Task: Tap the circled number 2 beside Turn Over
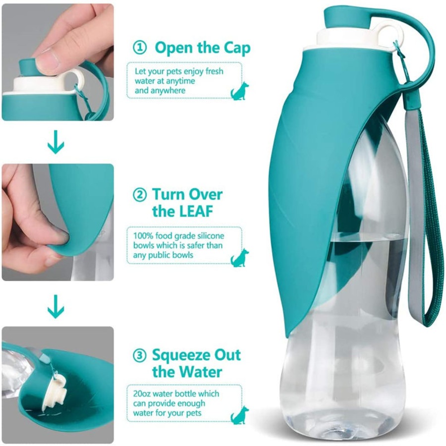[140, 194]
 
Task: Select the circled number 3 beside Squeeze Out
[140, 355]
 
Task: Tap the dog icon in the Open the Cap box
[239, 91]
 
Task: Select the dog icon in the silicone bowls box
[239, 258]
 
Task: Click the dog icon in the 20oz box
[239, 415]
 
